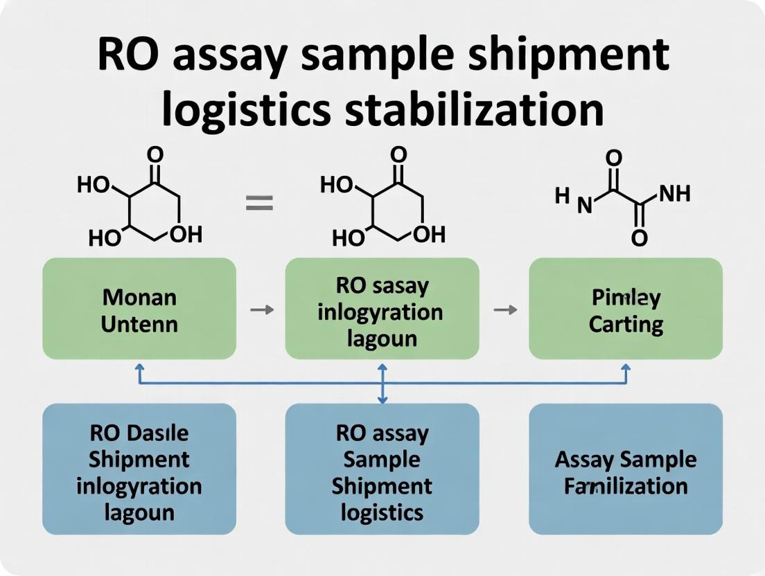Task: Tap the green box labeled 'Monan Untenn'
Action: (x=139, y=309)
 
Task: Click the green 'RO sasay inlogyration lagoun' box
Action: (x=382, y=309)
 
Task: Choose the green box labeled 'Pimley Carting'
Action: (x=626, y=309)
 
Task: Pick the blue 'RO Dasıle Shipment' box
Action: (x=139, y=469)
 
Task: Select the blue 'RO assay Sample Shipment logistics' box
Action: (x=382, y=469)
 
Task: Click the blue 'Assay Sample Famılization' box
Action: (x=626, y=469)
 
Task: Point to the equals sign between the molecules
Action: (x=260, y=204)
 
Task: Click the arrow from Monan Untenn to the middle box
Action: (x=261, y=310)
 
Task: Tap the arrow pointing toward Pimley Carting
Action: (x=504, y=310)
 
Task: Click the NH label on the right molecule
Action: (x=674, y=194)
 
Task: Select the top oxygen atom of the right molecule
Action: (x=613, y=158)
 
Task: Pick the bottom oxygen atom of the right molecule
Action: (x=640, y=238)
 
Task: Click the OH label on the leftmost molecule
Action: (x=186, y=235)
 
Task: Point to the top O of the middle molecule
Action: (x=398, y=154)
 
